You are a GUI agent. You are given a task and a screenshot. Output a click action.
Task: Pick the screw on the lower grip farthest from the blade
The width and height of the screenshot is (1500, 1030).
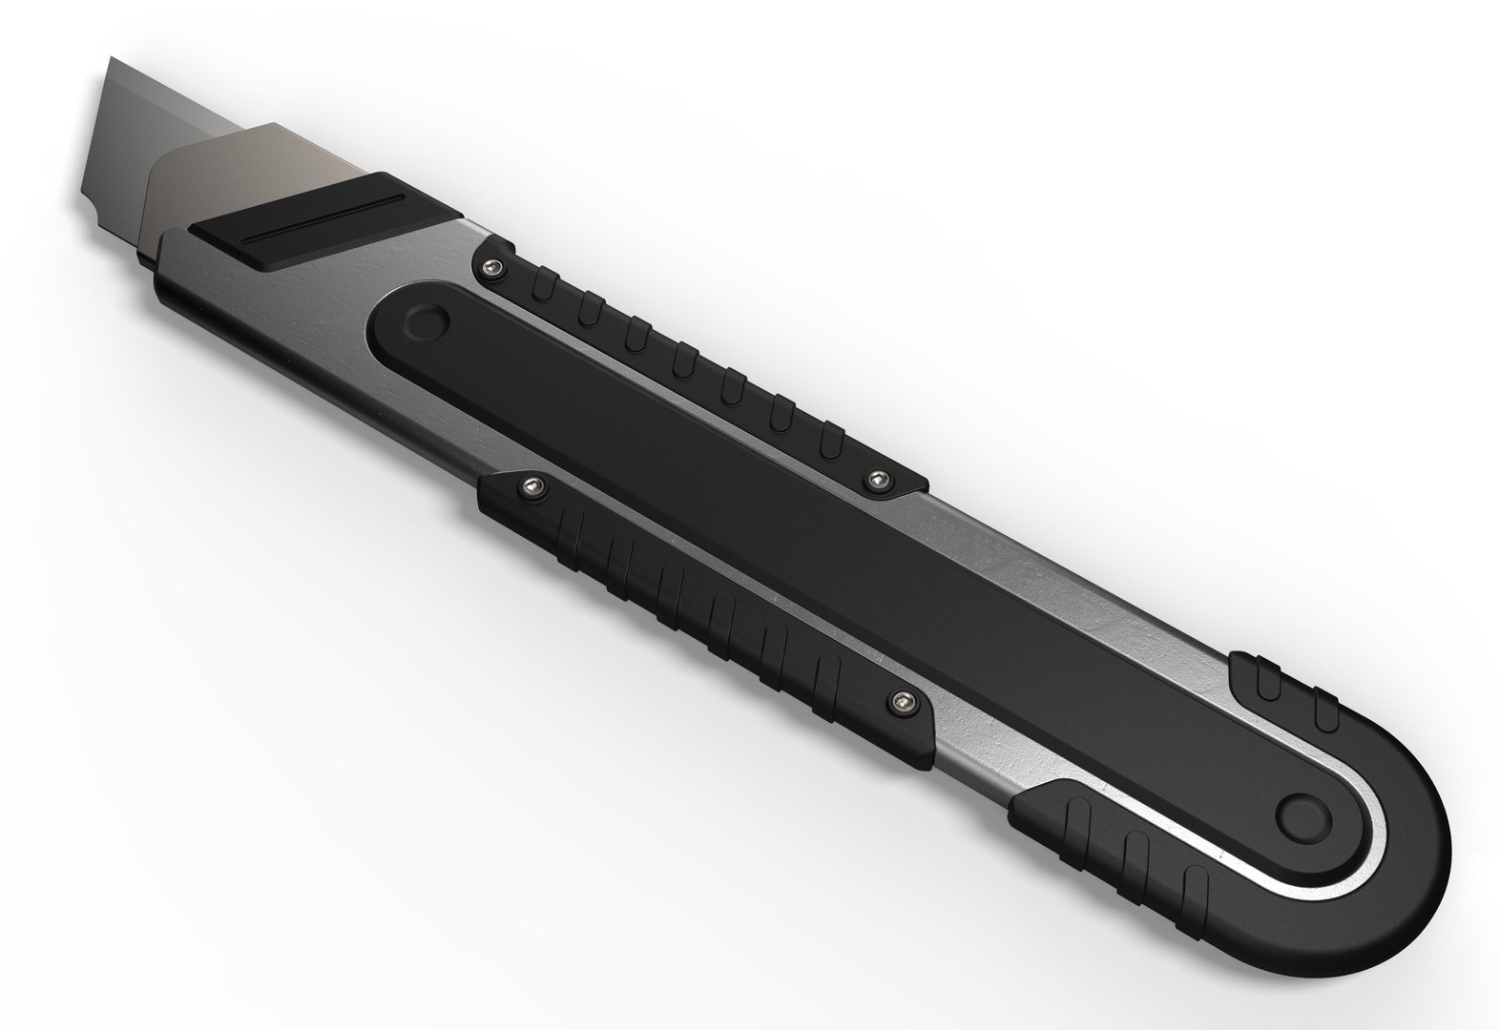[x=898, y=703]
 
